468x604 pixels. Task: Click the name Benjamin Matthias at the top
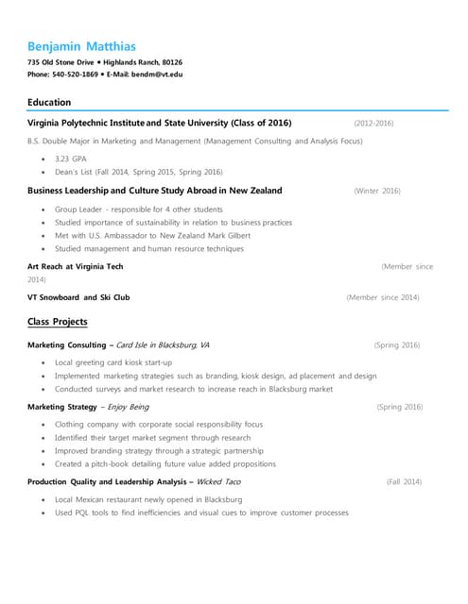pyautogui.click(x=81, y=45)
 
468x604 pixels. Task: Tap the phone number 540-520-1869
pyautogui.click(x=75, y=74)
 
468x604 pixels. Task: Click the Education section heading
pyautogui.click(x=49, y=102)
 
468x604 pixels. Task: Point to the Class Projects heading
pyautogui.click(x=58, y=322)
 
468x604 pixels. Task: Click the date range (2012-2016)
pyautogui.click(x=373, y=124)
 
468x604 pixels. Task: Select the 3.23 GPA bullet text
pyautogui.click(x=70, y=159)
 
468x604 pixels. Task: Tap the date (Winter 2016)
pyautogui.click(x=376, y=191)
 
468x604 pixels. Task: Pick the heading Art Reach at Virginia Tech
pyautogui.click(x=76, y=267)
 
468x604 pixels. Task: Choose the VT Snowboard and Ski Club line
pyautogui.click(x=79, y=297)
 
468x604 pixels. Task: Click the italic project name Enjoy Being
pyautogui.click(x=128, y=407)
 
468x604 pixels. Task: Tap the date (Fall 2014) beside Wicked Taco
pyautogui.click(x=404, y=482)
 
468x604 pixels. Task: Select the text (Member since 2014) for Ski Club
pyautogui.click(x=383, y=297)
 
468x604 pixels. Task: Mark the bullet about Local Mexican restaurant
pyautogui.click(x=148, y=498)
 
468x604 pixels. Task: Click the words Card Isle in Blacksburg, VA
pyautogui.click(x=163, y=345)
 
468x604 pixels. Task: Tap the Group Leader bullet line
pyautogui.click(x=138, y=209)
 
